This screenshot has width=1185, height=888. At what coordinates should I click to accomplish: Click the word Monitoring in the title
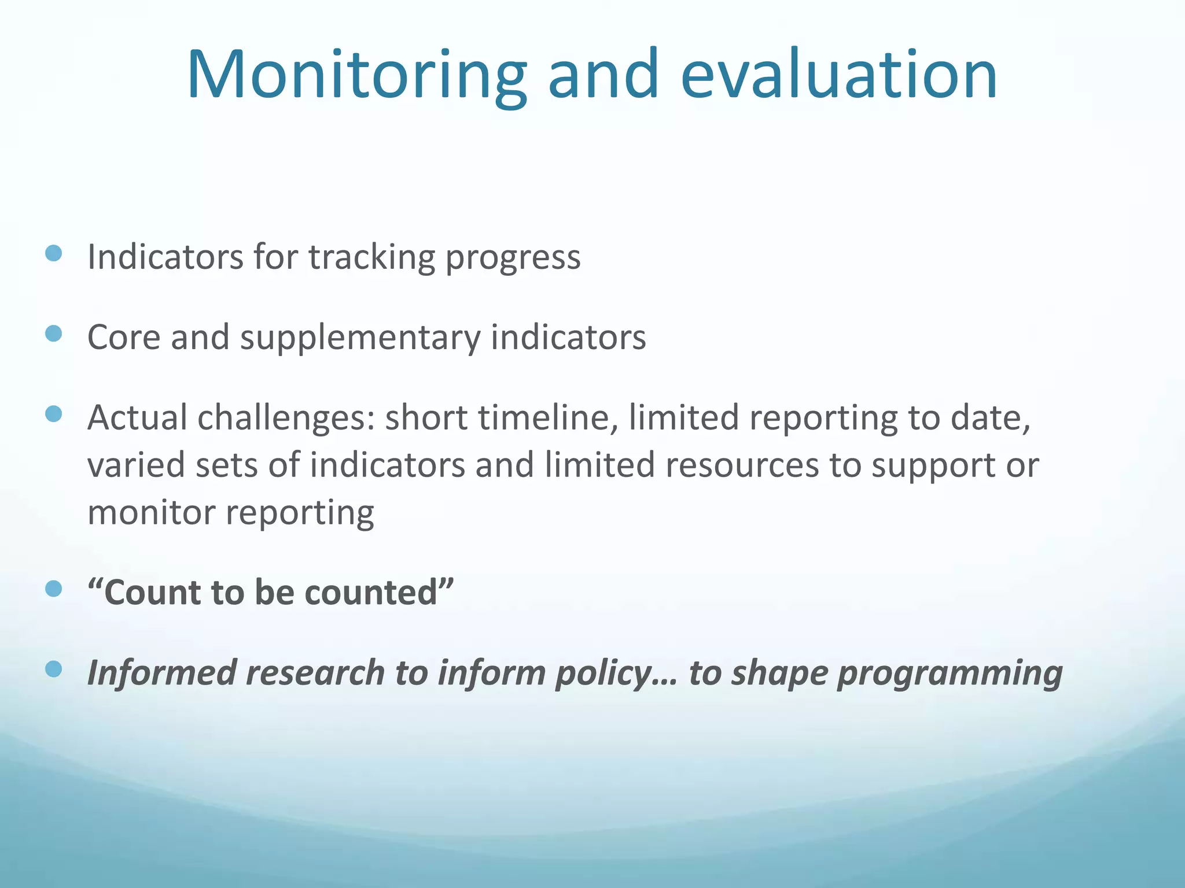point(356,75)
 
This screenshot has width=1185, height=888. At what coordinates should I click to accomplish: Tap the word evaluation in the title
point(838,75)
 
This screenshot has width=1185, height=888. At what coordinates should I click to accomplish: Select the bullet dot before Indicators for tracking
point(53,253)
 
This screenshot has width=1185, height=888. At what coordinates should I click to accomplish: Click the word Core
point(123,337)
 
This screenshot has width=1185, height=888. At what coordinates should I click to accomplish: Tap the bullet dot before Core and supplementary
point(53,334)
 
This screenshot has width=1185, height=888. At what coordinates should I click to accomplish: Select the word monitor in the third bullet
point(151,513)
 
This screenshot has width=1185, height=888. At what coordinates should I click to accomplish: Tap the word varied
point(136,465)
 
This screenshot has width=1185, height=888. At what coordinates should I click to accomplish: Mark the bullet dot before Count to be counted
point(53,589)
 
